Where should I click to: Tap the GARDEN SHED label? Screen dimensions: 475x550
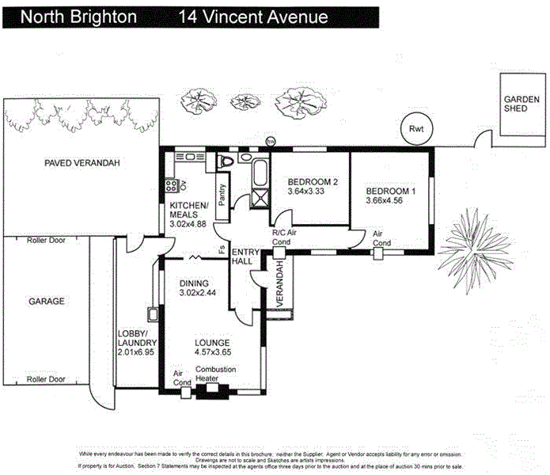pos(522,104)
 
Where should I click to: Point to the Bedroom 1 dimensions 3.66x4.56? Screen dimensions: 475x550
pos(390,201)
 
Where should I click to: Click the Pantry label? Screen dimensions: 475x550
pos(222,196)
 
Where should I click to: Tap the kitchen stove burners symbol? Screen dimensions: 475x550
pos(169,188)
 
